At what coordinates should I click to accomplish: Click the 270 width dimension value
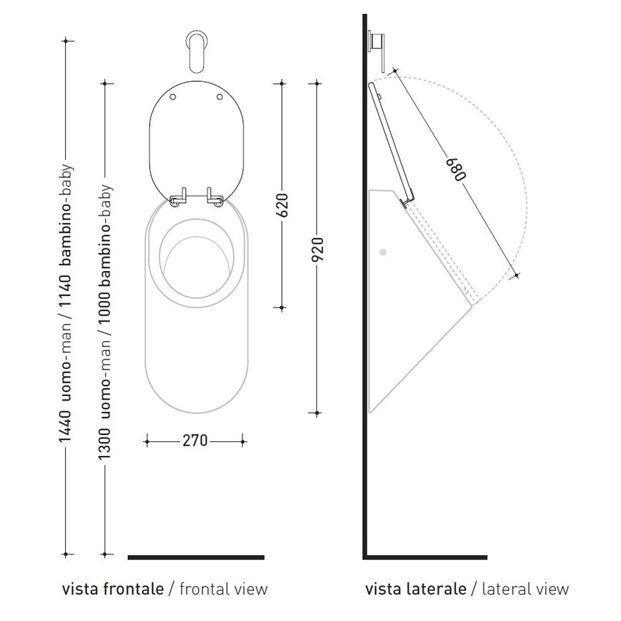[x=195, y=441]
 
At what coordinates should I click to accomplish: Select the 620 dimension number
[x=282, y=205]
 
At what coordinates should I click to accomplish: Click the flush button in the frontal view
[x=197, y=53]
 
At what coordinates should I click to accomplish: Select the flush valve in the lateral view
[x=377, y=51]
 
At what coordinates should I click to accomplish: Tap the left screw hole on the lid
[x=172, y=96]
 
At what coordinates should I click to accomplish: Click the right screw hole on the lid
[x=220, y=96]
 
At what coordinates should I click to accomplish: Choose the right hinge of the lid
[x=214, y=197]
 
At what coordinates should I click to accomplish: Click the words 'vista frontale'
[x=113, y=589]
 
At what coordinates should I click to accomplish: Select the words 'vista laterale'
[x=416, y=589]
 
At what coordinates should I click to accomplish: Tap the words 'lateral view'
[x=525, y=589]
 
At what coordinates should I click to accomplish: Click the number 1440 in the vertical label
[x=65, y=427]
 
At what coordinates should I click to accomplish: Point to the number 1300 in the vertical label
[x=104, y=444]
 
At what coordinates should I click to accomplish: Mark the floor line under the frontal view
[x=196, y=557]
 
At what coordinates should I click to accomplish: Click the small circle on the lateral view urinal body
[x=383, y=252]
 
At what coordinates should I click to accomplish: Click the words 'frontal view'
[x=224, y=589]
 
